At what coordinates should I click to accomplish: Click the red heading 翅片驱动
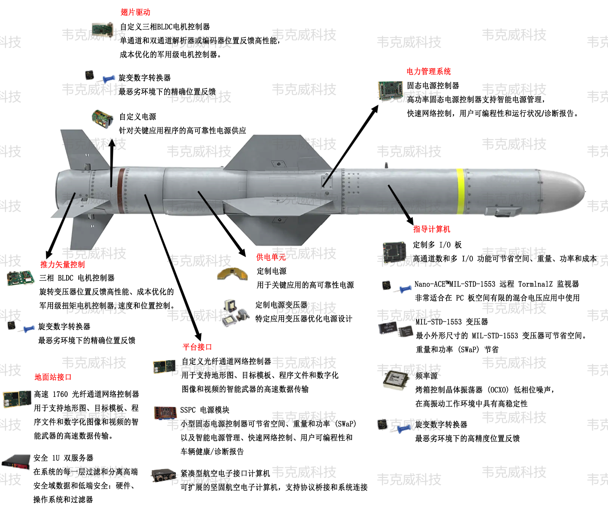[135, 12]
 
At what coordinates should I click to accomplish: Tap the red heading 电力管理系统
[428, 71]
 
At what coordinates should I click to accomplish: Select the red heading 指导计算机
[431, 229]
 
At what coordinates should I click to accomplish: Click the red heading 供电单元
[271, 257]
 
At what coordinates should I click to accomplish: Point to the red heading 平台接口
[197, 347]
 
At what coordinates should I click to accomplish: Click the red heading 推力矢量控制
[62, 264]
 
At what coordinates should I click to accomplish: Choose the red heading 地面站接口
[53, 377]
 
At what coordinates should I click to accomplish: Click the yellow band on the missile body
[460, 192]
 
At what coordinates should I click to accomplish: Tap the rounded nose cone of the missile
[564, 191]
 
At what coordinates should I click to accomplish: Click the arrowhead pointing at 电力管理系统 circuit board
[375, 109]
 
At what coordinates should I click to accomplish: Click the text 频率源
[426, 376]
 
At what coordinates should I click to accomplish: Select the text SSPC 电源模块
[205, 410]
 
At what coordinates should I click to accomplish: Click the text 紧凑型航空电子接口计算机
[225, 474]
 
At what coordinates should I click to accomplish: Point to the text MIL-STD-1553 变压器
[452, 322]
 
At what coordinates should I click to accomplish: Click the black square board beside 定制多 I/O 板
[394, 252]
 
